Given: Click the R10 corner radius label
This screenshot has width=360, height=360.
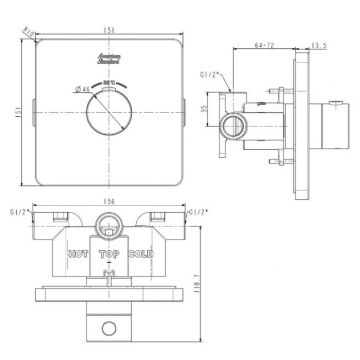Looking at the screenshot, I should (28, 33).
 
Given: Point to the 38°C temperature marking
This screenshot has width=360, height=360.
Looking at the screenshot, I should (109, 82).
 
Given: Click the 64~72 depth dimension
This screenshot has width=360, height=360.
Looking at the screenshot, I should (265, 45).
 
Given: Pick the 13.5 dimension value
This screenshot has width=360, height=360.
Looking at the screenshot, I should (318, 45).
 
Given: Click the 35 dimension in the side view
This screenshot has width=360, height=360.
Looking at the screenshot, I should (204, 109).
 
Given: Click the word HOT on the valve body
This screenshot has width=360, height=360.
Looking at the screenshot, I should (78, 254).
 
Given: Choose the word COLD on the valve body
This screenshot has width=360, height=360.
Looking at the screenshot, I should (141, 254).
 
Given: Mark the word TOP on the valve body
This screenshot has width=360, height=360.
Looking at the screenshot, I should (109, 254).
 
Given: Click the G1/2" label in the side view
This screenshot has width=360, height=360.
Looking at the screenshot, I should (210, 75).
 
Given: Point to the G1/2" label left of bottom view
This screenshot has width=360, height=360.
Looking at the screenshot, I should (19, 213).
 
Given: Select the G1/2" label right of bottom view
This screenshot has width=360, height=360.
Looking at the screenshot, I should (198, 213).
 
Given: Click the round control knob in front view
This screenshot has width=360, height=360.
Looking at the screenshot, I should (109, 113).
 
